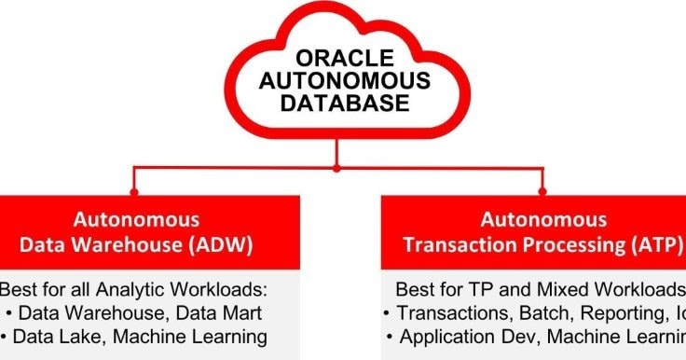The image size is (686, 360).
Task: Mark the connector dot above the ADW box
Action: (135, 193)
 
